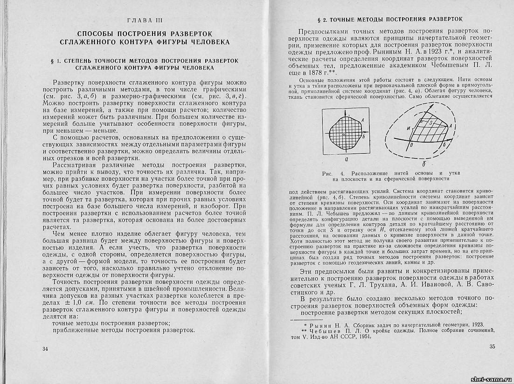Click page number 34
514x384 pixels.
point(45,349)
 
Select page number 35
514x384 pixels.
point(492,346)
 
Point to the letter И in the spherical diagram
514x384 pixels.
point(409,127)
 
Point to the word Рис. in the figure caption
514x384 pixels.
point(328,173)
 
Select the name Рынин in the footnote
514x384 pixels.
point(321,324)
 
